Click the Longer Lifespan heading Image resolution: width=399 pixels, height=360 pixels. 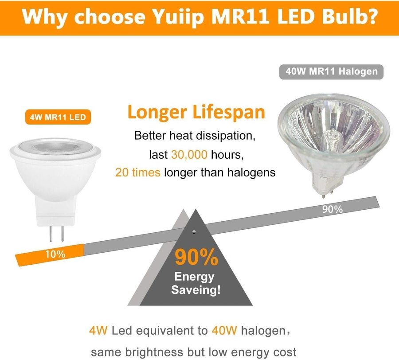coord(196,112)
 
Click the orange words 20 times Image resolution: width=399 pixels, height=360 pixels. coord(137,172)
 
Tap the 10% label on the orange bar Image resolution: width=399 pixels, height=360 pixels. coord(55,254)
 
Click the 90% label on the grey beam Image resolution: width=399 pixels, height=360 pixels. coord(332,209)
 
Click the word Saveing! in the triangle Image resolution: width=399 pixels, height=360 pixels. coord(195,291)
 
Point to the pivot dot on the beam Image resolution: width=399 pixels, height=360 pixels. coord(194,231)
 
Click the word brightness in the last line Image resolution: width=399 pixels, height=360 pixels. coord(155,352)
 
